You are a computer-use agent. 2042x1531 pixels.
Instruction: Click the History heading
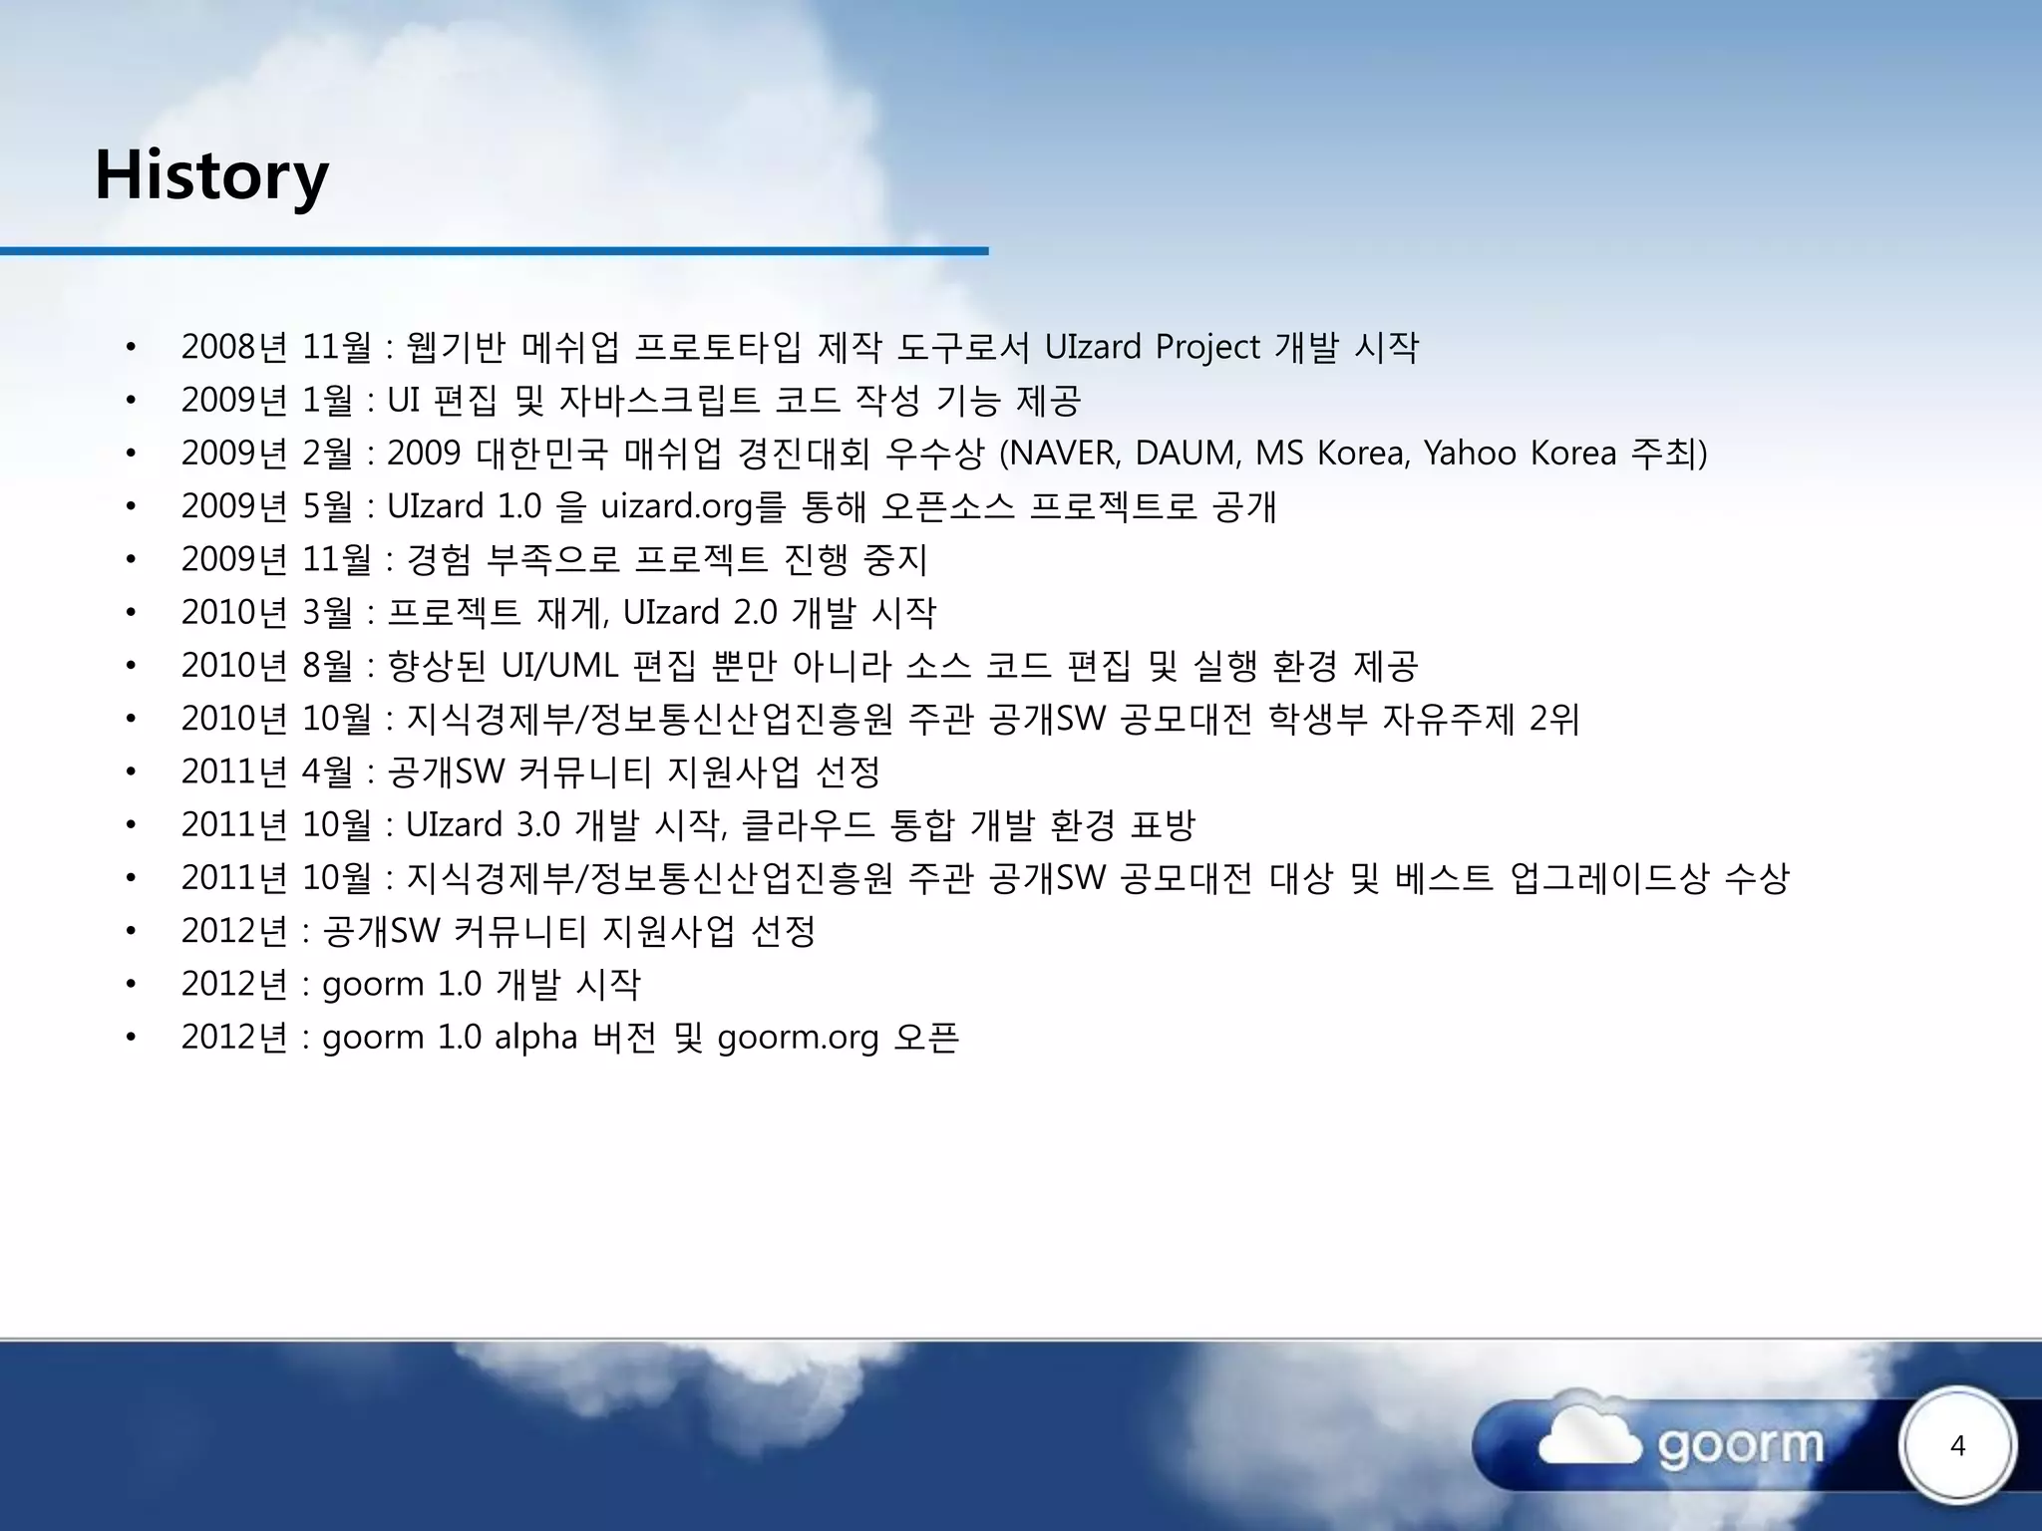(x=211, y=175)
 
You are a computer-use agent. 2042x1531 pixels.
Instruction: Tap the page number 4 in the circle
(x=1957, y=1446)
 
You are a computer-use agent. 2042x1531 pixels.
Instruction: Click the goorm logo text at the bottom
(x=1741, y=1445)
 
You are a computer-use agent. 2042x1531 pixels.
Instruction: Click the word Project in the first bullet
(x=1207, y=347)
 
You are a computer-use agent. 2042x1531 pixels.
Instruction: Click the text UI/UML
(x=559, y=666)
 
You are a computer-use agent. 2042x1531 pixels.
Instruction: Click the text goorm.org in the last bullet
(x=798, y=1039)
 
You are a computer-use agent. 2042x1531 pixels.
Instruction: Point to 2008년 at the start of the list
(x=234, y=347)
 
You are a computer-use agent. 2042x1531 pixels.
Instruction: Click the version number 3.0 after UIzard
(x=538, y=825)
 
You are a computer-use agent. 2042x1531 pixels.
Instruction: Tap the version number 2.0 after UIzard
(x=755, y=613)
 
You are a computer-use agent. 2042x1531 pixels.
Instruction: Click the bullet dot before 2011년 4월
(x=131, y=772)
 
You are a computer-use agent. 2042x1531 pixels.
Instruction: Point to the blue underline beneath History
(x=494, y=251)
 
